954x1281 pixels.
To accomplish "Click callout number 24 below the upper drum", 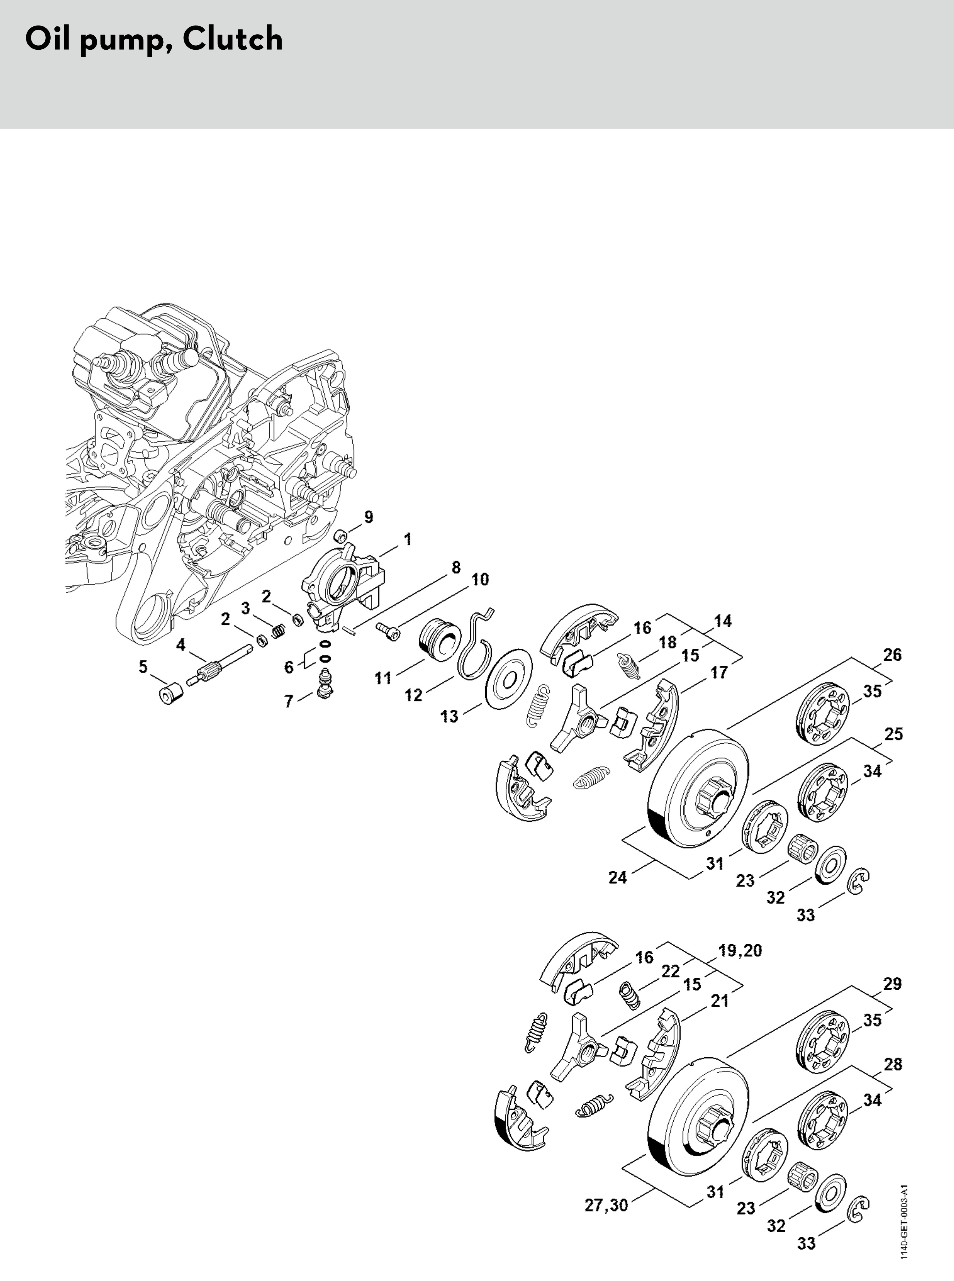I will click(617, 877).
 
